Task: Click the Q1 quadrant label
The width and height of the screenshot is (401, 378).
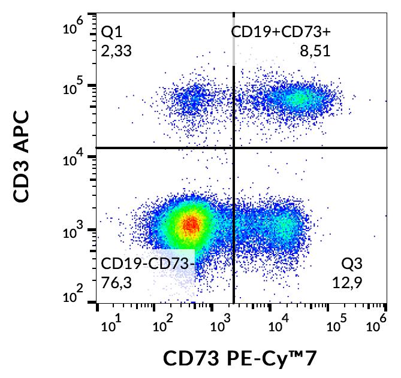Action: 112,32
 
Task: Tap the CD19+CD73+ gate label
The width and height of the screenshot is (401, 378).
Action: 281,32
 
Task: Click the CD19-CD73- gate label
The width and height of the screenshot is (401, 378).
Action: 147,264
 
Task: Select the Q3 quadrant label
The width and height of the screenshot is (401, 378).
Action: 352,264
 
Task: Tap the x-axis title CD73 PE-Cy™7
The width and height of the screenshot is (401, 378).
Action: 239,359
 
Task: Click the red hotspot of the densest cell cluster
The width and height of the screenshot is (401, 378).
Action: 191,225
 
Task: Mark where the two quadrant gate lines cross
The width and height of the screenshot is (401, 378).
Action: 233,147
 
